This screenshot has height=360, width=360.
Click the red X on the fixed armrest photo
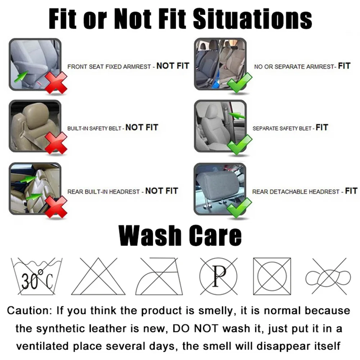coord(56,82)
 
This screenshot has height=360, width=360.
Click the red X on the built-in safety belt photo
coord(56,143)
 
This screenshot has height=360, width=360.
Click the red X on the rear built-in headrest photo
coord(56,206)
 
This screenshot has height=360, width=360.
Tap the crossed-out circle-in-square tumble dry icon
coord(272,276)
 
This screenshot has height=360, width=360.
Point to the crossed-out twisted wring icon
coord(328,276)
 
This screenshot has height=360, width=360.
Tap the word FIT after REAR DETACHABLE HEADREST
coord(351,191)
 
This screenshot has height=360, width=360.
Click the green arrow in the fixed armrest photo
coord(21,76)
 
